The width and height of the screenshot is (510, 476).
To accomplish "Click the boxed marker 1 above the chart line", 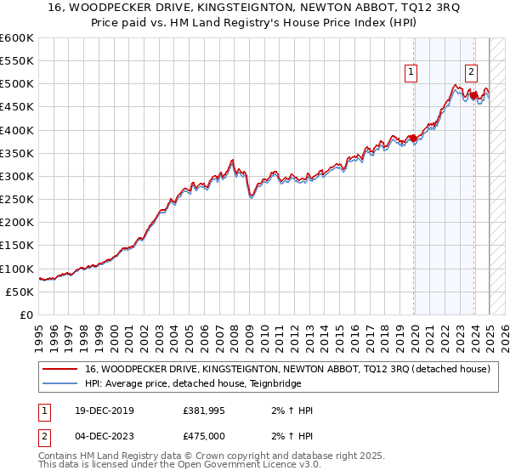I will (x=411, y=73).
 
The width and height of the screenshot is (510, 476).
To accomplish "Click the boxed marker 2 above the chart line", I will (x=471, y=73).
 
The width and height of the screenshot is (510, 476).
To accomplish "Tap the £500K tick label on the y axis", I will (x=17, y=84).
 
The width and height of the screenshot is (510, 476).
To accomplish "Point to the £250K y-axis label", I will (x=17, y=200).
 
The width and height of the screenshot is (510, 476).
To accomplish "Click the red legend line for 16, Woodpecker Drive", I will (x=60, y=370).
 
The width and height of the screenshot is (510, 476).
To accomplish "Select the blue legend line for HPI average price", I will (x=60, y=383).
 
